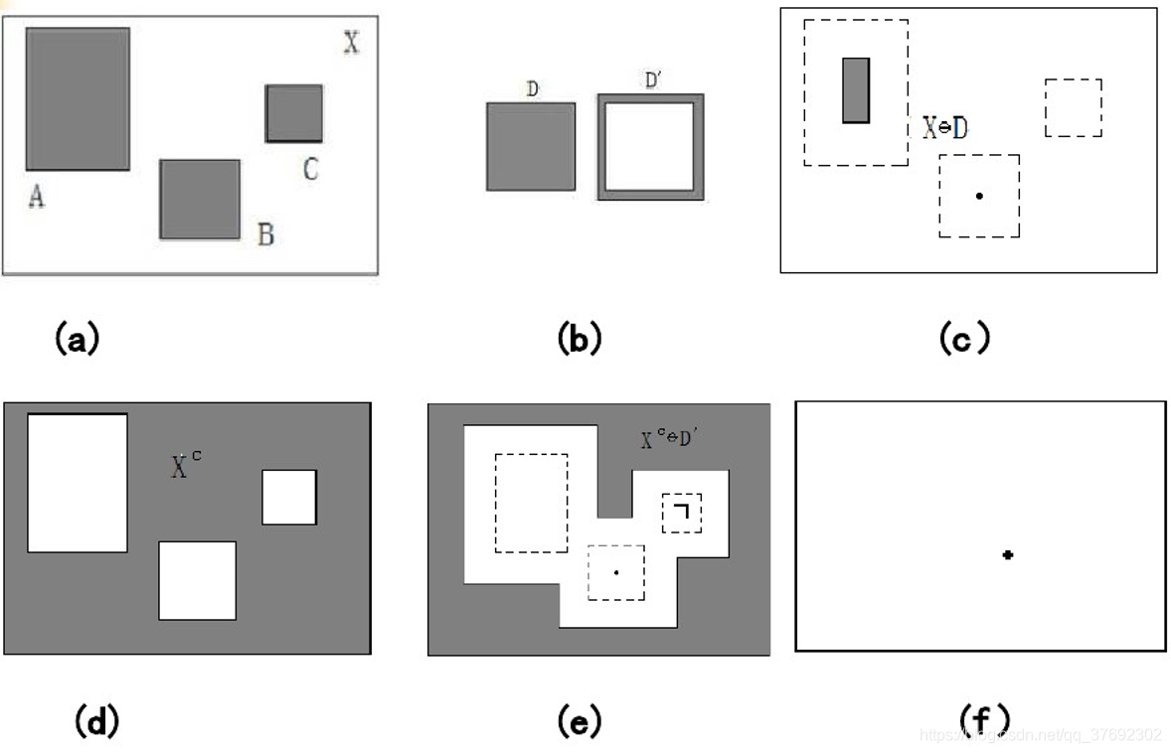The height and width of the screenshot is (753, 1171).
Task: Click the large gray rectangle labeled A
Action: [x=78, y=98]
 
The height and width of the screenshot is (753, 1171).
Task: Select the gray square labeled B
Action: [x=200, y=199]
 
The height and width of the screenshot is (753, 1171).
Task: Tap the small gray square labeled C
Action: [x=294, y=113]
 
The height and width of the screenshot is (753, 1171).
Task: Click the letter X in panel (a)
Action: [x=351, y=43]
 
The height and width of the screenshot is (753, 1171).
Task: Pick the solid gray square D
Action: [x=531, y=146]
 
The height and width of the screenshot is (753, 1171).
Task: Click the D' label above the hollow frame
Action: [x=654, y=80]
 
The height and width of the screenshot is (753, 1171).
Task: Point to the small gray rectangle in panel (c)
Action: [x=856, y=90]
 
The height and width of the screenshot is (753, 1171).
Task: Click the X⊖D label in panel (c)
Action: [x=944, y=128]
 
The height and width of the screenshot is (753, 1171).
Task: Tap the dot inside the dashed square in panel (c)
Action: [x=979, y=196]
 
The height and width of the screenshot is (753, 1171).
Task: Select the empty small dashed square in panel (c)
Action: [x=1074, y=107]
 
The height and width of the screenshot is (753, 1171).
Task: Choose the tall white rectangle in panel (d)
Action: [x=78, y=483]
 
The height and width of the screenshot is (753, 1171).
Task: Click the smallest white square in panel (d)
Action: [x=289, y=497]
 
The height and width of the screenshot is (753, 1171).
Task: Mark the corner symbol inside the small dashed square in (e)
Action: [x=681, y=512]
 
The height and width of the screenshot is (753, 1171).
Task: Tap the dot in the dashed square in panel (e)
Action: [x=616, y=572]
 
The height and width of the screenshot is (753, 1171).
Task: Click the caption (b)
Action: [x=580, y=339]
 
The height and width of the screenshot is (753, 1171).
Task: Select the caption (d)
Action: [x=96, y=720]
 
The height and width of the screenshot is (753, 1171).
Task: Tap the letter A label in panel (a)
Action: [x=36, y=198]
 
